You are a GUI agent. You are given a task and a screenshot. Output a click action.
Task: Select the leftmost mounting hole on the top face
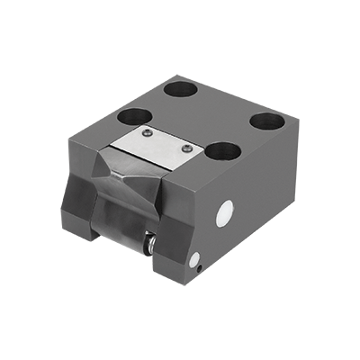click(136, 116)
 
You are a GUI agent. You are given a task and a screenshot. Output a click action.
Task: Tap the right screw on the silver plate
click(186, 148)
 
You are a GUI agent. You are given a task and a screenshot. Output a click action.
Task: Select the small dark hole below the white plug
click(195, 263)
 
